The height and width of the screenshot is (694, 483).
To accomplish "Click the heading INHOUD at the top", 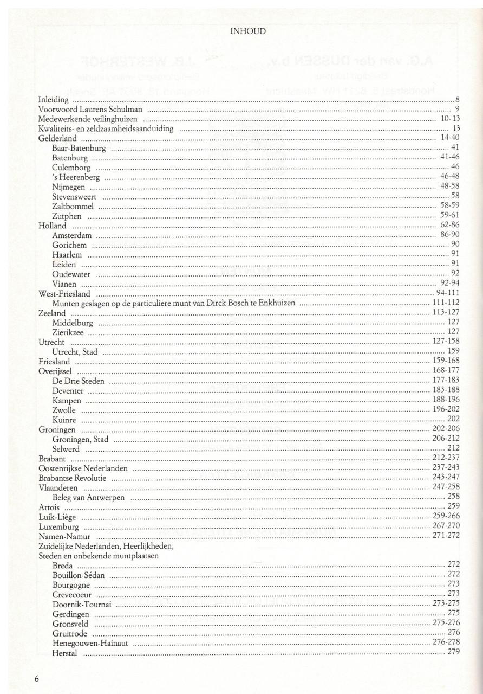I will (x=248, y=31).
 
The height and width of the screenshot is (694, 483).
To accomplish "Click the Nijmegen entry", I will (x=69, y=187).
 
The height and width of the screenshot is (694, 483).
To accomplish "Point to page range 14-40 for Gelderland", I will (x=449, y=138).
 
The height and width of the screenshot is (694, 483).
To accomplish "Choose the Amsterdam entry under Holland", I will (x=72, y=236).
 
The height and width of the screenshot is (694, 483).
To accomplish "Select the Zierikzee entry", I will (x=68, y=332).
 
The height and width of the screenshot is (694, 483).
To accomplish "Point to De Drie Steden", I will (x=79, y=381).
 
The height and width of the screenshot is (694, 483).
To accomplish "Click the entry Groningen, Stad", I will (x=81, y=440).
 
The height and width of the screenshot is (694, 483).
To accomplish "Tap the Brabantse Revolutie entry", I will (x=73, y=478).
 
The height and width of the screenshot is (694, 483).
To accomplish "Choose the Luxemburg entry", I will (x=59, y=526).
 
